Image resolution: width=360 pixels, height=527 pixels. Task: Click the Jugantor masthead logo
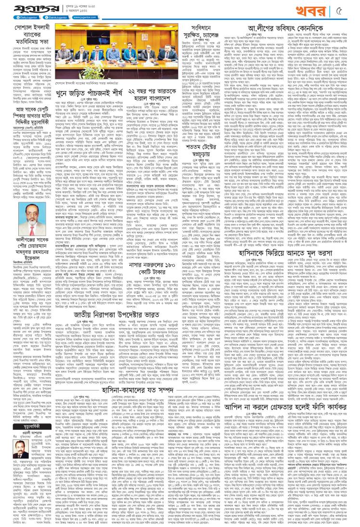28,8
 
